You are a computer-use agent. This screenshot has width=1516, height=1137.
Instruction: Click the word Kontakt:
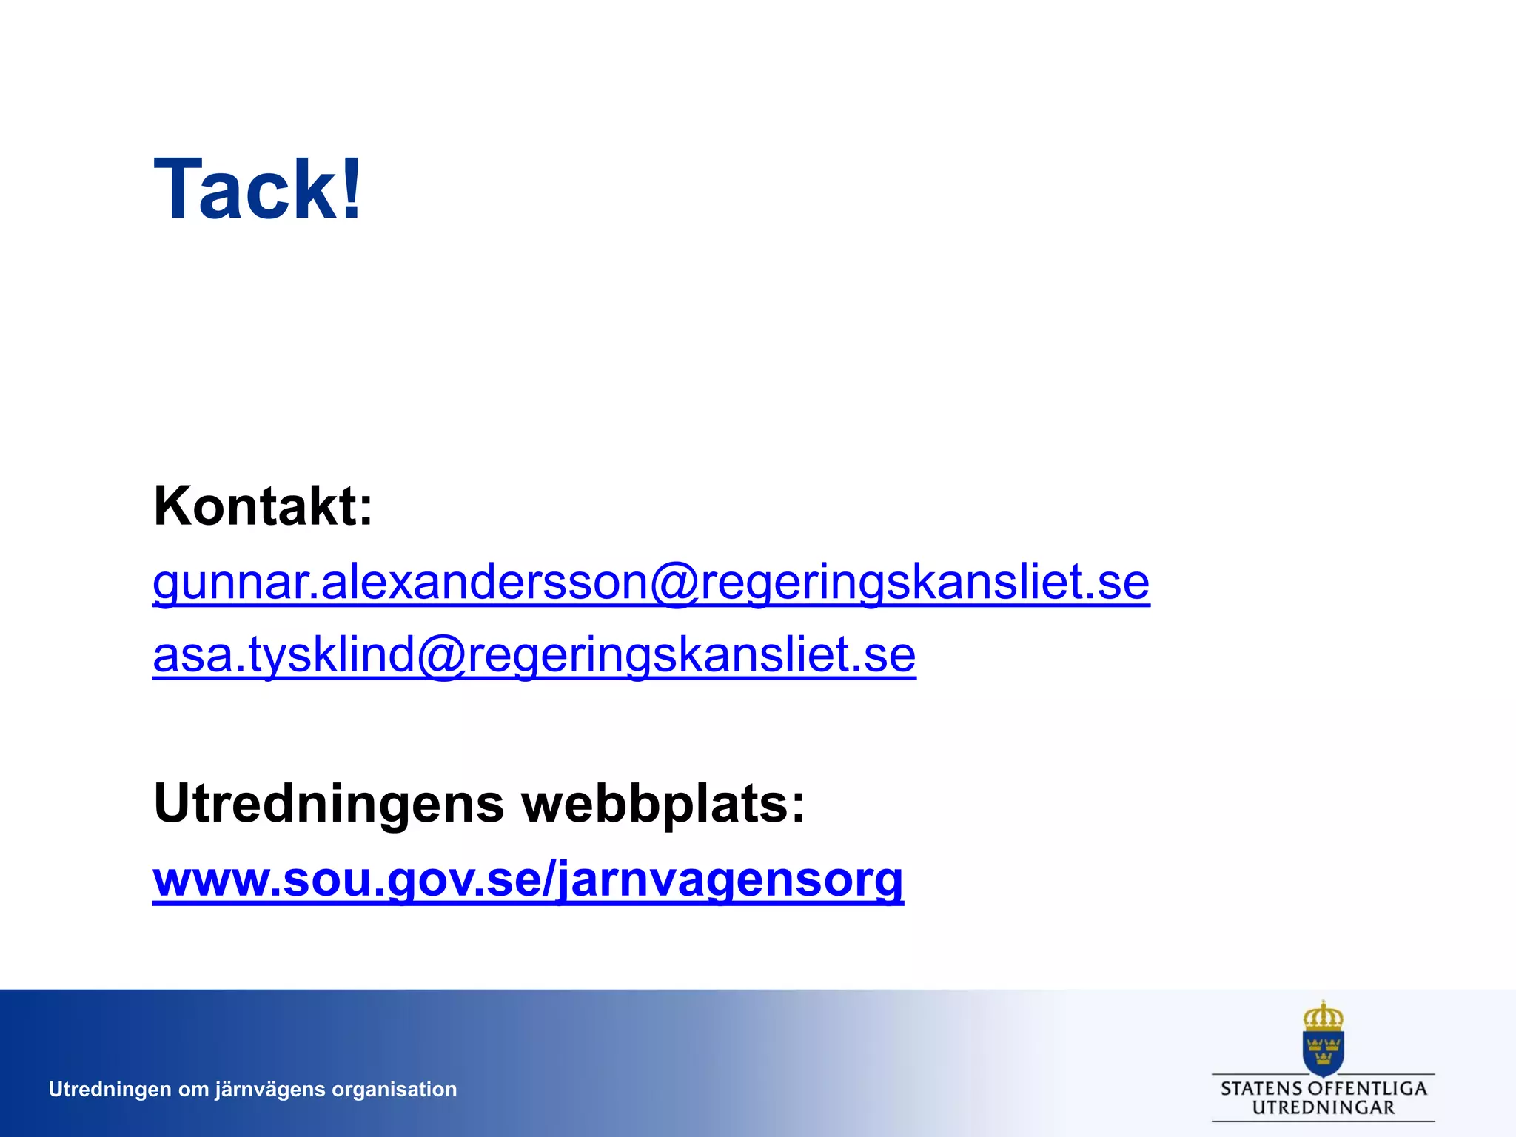pyautogui.click(x=263, y=506)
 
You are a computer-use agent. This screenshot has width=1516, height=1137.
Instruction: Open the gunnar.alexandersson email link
pyautogui.click(x=651, y=582)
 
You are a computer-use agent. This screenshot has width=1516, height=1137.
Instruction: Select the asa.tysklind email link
pyautogui.click(x=534, y=655)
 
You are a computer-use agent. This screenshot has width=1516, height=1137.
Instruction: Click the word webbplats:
pyautogui.click(x=663, y=804)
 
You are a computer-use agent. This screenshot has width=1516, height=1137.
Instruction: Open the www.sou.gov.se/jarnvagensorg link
pyautogui.click(x=528, y=879)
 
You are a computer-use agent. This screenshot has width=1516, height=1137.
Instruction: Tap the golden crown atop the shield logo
pyautogui.click(x=1323, y=1016)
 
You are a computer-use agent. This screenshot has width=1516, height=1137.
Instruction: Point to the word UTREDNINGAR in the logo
pyautogui.click(x=1323, y=1108)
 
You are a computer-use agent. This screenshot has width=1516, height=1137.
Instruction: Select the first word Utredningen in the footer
pyautogui.click(x=110, y=1090)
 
